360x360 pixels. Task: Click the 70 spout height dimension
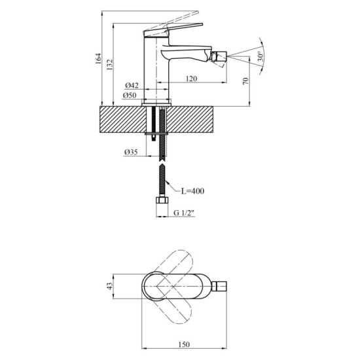[245, 81]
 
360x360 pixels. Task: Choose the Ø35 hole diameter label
[131, 153]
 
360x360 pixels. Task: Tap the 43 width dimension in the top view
[110, 286]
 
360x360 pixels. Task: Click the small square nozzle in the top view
[221, 286]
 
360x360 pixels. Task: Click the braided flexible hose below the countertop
[160, 170]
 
